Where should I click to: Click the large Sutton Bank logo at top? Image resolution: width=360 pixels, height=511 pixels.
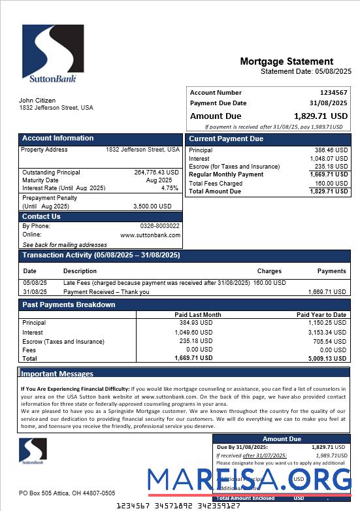tap(53, 54)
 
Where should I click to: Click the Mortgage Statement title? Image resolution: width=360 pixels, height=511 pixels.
tap(286, 61)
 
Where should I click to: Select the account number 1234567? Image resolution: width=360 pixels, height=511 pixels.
tap(333, 93)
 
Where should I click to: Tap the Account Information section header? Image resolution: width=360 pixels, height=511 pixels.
tap(58, 139)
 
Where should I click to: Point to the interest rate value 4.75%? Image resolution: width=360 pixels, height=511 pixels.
tap(169, 188)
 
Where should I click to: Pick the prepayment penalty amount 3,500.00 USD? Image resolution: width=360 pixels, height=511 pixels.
tap(152, 206)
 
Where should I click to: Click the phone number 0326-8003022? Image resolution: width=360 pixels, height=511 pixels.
tap(159, 226)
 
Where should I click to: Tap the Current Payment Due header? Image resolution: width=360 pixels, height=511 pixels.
tap(226, 139)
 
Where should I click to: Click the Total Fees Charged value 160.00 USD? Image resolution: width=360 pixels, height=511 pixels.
tap(331, 184)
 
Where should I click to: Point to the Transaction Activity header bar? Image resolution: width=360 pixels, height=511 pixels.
tap(101, 255)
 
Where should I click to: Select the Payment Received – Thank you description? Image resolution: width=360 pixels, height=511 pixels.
tap(106, 292)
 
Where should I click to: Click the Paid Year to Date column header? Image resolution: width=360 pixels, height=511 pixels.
tap(321, 315)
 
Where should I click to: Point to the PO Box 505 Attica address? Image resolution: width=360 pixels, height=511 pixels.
tap(67, 493)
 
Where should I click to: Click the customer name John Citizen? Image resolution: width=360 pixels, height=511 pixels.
tap(37, 101)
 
